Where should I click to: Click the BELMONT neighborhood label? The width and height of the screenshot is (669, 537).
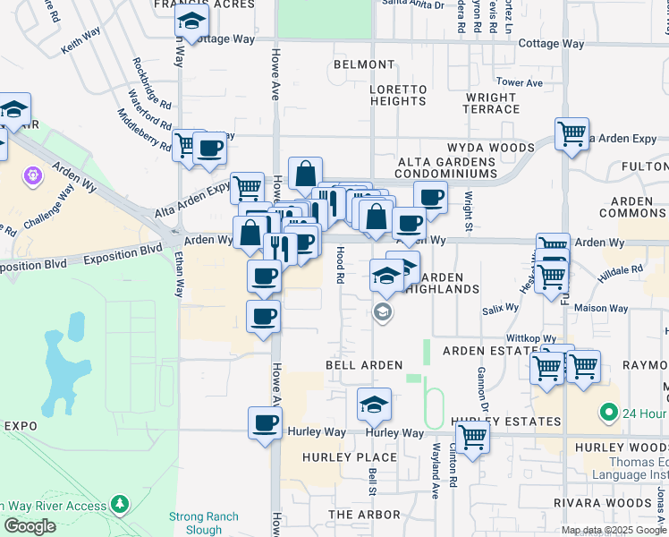[x=364, y=65]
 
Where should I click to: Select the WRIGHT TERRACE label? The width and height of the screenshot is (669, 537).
[x=492, y=103]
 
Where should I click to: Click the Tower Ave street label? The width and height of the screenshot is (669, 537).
[x=520, y=83]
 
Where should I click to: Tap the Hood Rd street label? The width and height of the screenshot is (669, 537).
[x=340, y=265]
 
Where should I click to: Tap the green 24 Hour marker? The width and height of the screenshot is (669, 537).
[x=609, y=413]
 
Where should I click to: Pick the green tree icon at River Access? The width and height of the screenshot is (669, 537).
[x=120, y=506]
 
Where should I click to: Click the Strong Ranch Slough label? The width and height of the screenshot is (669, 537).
[x=204, y=524]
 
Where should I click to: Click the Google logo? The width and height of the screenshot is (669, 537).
[x=30, y=526]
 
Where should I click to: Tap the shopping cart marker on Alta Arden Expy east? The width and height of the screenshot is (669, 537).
[x=572, y=134]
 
